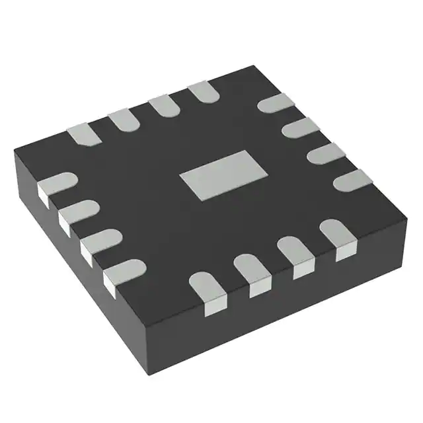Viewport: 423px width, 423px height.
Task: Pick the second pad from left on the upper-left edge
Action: tap(123, 120)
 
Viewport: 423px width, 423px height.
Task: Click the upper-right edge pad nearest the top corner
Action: tap(275, 104)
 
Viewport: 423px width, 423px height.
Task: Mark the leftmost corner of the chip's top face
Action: tap(15, 153)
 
